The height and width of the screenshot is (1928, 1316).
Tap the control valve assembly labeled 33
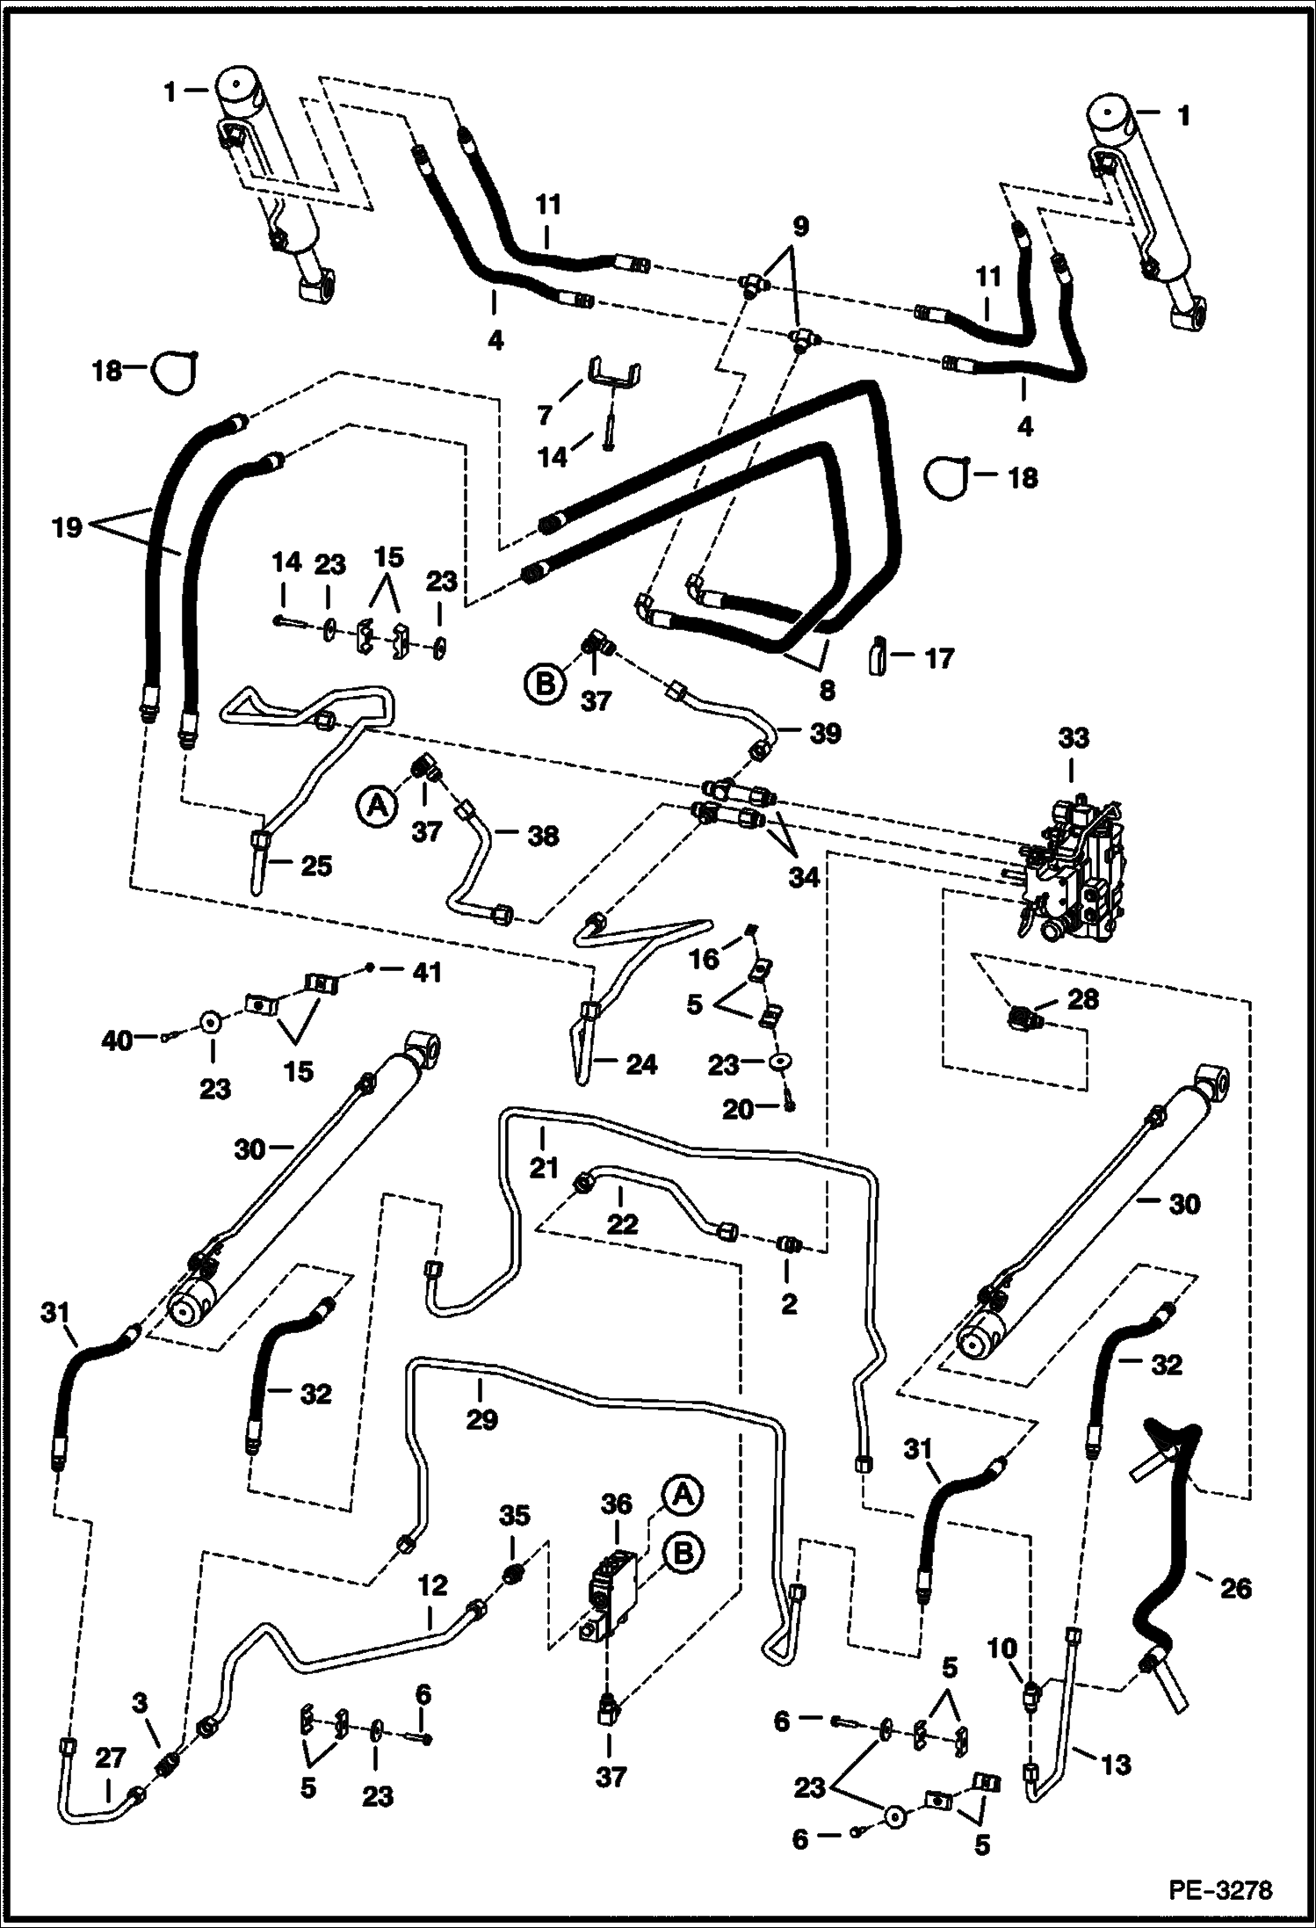(1074, 866)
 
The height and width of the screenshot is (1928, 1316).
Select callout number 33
(1074, 738)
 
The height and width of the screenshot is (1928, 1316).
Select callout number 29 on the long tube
(481, 1417)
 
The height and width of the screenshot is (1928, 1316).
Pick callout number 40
(117, 1040)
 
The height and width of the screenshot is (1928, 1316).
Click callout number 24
(640, 1064)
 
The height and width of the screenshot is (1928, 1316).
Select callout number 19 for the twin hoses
(67, 526)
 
